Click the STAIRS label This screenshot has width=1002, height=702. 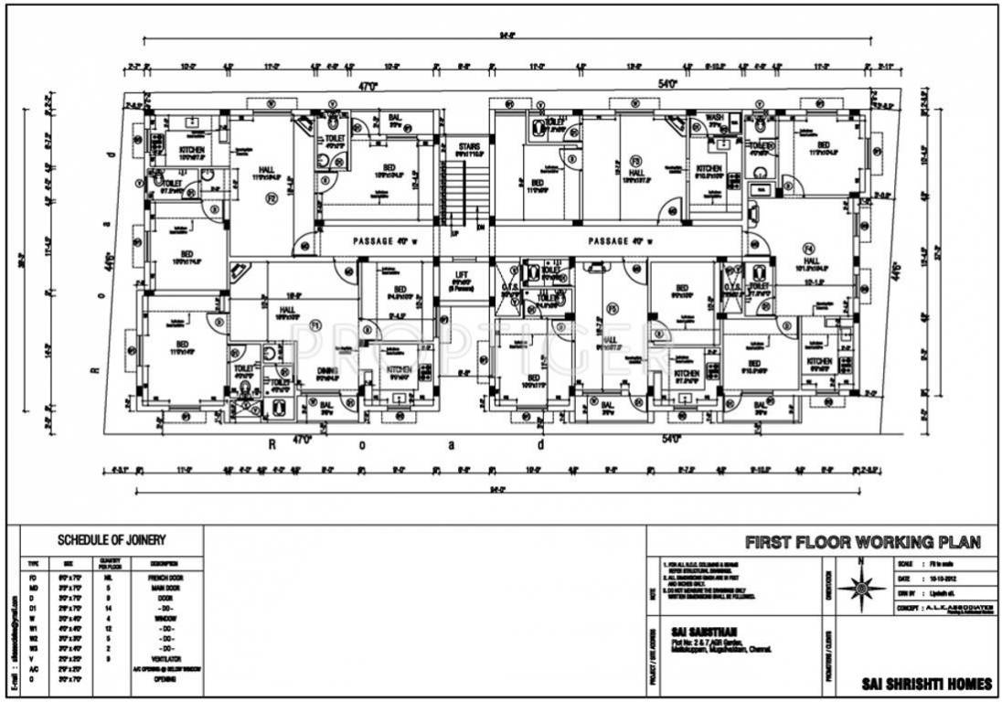pos(469,145)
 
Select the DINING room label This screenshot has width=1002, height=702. pos(329,370)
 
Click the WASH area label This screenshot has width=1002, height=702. pos(716,118)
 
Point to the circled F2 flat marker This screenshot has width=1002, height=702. pos(272,197)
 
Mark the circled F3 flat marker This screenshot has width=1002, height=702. pos(634,161)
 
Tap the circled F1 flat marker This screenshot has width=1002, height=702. pos(314,324)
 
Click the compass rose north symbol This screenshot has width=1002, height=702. pos(858,586)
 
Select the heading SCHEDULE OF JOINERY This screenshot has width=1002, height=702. pos(112,540)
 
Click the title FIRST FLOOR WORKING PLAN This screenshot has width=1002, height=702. pos(862,542)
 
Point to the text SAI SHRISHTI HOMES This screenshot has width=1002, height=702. pos(926,685)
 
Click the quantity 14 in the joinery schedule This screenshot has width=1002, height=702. pos(108,608)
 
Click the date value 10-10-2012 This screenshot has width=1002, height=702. pos(944,580)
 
